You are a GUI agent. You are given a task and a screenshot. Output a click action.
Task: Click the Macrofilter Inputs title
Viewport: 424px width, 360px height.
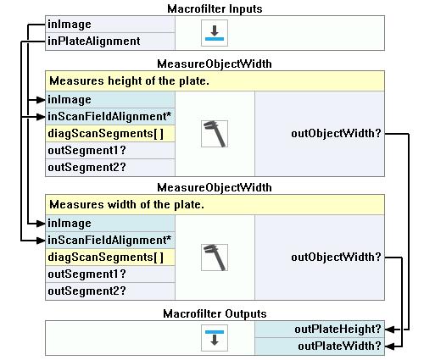pyautogui.click(x=215, y=8)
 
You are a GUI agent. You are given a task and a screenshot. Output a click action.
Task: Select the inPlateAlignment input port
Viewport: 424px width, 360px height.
pyautogui.click(x=94, y=42)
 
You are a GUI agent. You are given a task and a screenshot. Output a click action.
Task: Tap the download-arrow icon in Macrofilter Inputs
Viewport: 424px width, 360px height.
pyautogui.click(x=215, y=33)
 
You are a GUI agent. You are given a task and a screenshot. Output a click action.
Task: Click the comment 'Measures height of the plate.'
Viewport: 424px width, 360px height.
pyautogui.click(x=129, y=81)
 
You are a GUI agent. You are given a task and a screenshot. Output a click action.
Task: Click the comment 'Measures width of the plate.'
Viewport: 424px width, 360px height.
pyautogui.click(x=126, y=204)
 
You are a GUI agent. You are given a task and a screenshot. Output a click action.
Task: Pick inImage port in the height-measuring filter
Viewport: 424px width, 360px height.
pyautogui.click(x=70, y=100)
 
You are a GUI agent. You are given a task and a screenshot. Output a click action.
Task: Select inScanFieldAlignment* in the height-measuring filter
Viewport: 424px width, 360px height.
pyautogui.click(x=109, y=116)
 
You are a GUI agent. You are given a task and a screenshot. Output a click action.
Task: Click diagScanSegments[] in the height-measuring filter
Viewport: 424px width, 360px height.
pyautogui.click(x=106, y=133)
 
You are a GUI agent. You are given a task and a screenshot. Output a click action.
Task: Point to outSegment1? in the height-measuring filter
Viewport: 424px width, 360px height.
pyautogui.click(x=86, y=150)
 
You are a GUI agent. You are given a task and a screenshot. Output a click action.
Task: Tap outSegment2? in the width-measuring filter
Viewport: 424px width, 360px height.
pyautogui.click(x=86, y=291)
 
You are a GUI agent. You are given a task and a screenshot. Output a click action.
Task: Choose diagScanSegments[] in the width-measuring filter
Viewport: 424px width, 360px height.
pyautogui.click(x=106, y=257)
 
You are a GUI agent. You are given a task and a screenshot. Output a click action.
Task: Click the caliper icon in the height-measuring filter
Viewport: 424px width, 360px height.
pyautogui.click(x=215, y=134)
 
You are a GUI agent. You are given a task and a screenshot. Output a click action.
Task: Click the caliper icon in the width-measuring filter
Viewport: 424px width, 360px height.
pyautogui.click(x=215, y=258)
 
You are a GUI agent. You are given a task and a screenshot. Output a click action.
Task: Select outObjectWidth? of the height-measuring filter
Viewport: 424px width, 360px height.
pyautogui.click(x=336, y=133)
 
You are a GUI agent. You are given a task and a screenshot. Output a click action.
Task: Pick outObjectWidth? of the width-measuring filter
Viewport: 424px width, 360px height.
pyautogui.click(x=336, y=257)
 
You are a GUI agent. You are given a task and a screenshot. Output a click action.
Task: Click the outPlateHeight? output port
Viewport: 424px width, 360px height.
pyautogui.click(x=338, y=330)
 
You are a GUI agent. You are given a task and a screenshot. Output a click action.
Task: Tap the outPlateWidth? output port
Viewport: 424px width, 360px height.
pyautogui.click(x=339, y=346)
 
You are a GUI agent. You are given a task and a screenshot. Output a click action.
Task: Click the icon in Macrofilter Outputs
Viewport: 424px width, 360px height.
pyautogui.click(x=215, y=338)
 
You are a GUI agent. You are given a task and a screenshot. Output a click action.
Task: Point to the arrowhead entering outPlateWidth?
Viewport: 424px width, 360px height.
pyautogui.click(x=389, y=346)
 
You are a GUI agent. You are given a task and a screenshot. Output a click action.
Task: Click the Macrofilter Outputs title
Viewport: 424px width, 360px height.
pyautogui.click(x=215, y=313)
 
